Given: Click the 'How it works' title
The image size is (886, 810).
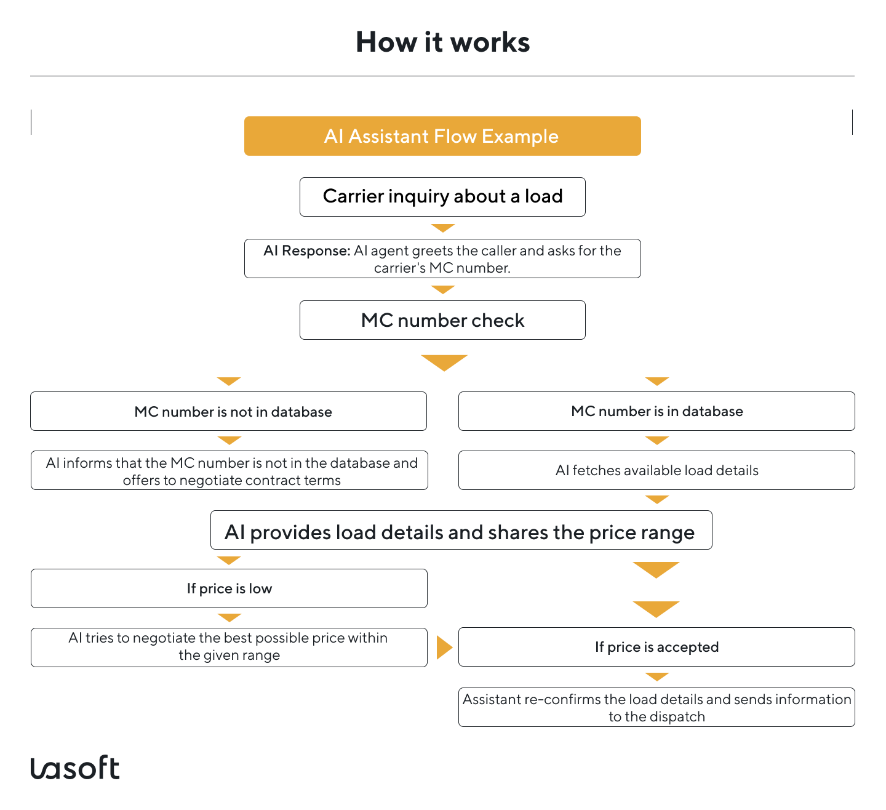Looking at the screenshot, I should (x=442, y=42).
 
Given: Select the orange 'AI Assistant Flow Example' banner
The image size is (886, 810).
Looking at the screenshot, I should (x=442, y=136).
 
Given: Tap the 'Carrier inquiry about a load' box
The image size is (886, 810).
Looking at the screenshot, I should (x=442, y=197).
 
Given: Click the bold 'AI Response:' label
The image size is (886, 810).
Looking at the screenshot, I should (x=306, y=251).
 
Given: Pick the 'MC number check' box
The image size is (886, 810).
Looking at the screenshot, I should (x=442, y=320).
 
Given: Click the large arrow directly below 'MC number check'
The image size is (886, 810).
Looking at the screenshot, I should (x=444, y=363).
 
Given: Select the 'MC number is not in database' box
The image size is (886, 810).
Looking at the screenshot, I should (x=228, y=411).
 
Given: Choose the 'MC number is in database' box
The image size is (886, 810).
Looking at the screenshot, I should (x=657, y=411).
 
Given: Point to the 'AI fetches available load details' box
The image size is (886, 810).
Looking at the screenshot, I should (x=657, y=470).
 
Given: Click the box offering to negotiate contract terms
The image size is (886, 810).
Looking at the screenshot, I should (x=229, y=471).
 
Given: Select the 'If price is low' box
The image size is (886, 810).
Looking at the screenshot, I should (x=229, y=588).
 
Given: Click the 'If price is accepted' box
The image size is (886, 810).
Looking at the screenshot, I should (x=657, y=647).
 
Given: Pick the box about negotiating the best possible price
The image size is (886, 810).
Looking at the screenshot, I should (x=229, y=647).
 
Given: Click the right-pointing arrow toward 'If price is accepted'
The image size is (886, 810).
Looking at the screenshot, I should (x=444, y=647).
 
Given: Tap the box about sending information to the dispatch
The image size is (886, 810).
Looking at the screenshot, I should (x=657, y=707).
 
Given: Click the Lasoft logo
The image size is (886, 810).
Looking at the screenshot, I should (x=75, y=768).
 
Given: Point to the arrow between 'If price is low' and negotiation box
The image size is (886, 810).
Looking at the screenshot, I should (x=229, y=617).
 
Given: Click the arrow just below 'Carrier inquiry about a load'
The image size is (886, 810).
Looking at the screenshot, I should (x=442, y=228).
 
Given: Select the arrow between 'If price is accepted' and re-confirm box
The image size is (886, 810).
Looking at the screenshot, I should (x=657, y=676).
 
